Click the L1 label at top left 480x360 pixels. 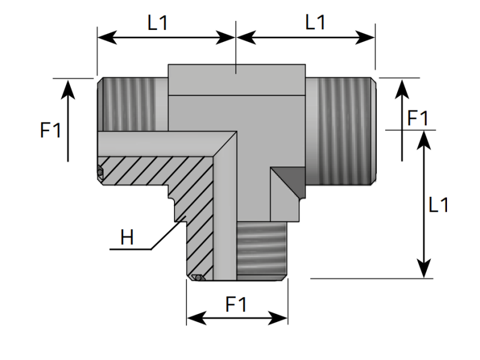(158, 23)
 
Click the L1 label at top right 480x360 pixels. (315, 23)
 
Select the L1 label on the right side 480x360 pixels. (439, 205)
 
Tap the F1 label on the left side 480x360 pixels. (51, 130)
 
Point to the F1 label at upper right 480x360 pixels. (418, 119)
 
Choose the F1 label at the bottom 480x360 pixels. (236, 305)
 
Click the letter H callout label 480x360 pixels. (127, 238)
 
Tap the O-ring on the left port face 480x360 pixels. (100, 173)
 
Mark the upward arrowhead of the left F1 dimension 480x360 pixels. (68, 87)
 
